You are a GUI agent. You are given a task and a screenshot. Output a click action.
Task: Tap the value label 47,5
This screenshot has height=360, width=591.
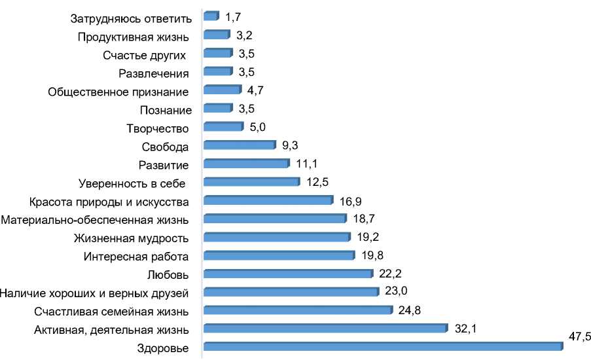coord(579,336)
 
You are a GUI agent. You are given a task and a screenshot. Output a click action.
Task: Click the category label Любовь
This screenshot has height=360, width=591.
coord(170,274)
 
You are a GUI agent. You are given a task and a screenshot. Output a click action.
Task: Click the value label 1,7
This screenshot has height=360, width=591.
coord(232,16)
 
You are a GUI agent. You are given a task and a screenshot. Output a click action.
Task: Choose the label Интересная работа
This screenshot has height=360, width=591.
coord(136,255)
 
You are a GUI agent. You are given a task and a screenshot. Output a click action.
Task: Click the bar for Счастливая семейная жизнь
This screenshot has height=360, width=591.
coord(298,310)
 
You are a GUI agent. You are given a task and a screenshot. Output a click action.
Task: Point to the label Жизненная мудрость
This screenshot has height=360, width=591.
coord(132,237)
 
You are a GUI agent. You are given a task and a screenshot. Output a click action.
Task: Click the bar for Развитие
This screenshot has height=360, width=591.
coord(246,164)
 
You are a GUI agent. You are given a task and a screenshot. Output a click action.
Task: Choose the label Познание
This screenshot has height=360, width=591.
coord(166,110)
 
